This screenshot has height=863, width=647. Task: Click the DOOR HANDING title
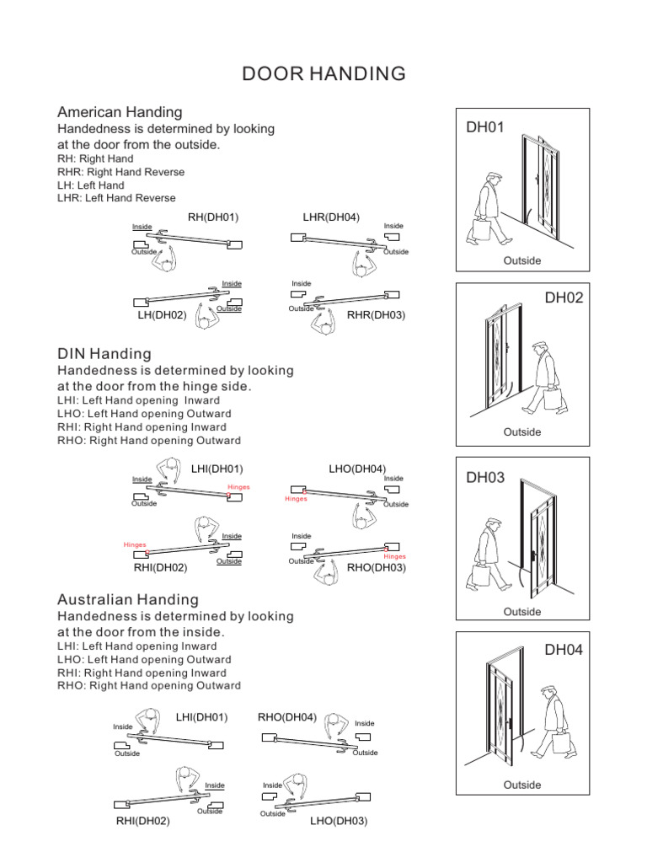(x=323, y=74)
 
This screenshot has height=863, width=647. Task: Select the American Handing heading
(x=120, y=112)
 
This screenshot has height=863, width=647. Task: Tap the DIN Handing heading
(x=104, y=353)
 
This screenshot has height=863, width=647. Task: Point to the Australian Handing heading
(x=128, y=599)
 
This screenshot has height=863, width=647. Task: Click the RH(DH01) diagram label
(x=213, y=217)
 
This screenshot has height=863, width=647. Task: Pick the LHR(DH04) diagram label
(x=331, y=217)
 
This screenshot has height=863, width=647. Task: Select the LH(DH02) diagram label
(x=162, y=315)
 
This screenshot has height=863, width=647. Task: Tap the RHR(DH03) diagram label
(x=377, y=315)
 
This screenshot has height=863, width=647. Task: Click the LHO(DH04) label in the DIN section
(x=357, y=469)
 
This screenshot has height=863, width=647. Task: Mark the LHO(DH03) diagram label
(x=339, y=820)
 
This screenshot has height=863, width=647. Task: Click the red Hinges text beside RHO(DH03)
(x=394, y=556)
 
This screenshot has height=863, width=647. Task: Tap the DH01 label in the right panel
(x=484, y=128)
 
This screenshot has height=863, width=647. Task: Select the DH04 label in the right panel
(x=564, y=650)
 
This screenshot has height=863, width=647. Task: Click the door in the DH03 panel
(x=537, y=539)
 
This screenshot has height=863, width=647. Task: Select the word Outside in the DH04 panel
(x=521, y=785)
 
